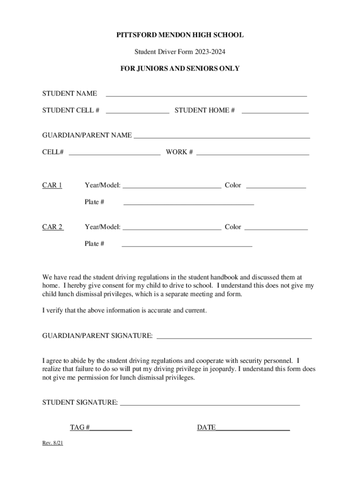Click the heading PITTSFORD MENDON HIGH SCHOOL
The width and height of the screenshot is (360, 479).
(x=180, y=35)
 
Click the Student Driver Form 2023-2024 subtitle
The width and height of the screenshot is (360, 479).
(x=180, y=51)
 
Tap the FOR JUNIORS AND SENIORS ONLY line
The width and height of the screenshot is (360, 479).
(x=180, y=68)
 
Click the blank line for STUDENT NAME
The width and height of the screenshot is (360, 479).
(x=206, y=94)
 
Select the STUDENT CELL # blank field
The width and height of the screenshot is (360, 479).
(x=137, y=110)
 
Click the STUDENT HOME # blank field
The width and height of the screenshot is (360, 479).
(x=275, y=110)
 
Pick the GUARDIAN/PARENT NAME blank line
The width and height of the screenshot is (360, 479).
(x=222, y=136)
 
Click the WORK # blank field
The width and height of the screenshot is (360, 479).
(x=252, y=152)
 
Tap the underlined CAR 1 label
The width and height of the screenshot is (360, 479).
(x=52, y=185)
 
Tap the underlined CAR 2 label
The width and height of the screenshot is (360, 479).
(x=53, y=227)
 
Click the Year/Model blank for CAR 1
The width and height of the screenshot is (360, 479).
(x=172, y=185)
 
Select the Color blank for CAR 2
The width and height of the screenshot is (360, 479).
(x=276, y=227)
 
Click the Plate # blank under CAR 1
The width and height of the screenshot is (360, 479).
(x=188, y=202)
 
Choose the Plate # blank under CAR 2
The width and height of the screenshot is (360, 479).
(x=187, y=244)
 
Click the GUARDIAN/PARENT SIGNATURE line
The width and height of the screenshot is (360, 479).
(x=234, y=335)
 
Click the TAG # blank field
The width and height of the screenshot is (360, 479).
(x=111, y=428)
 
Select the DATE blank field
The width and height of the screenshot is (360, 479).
(x=253, y=428)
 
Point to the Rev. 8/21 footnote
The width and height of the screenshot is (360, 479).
(x=53, y=443)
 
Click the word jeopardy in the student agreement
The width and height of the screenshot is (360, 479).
(x=223, y=369)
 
